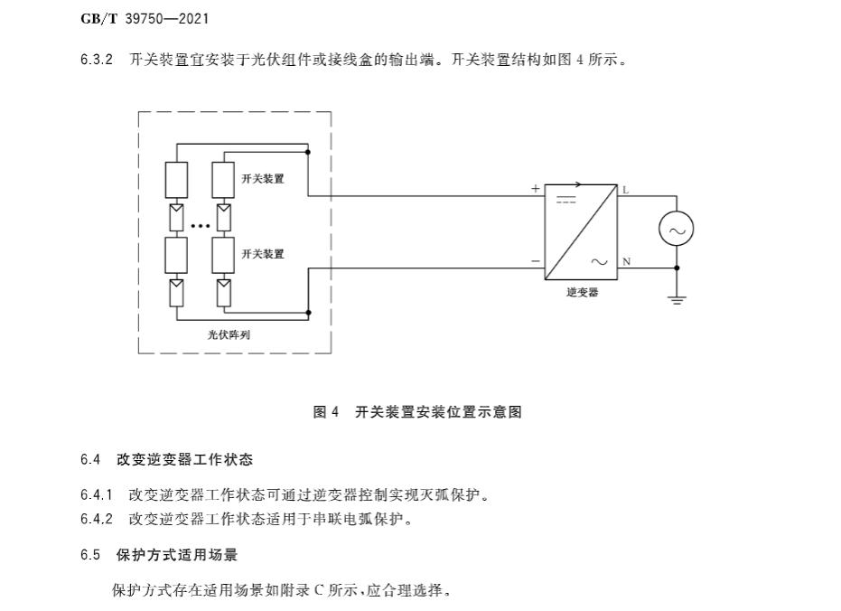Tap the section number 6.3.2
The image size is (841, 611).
point(96,61)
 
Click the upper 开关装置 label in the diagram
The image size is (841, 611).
point(263,179)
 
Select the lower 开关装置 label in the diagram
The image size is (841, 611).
point(263,254)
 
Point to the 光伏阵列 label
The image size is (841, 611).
point(229,334)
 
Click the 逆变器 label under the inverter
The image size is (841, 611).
point(582,293)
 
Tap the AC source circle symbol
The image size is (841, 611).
point(676,230)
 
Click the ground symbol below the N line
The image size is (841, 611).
point(677,298)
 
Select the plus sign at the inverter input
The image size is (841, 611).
point(535,189)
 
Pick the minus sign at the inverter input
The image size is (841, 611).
point(535,262)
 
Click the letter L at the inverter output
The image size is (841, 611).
point(625,190)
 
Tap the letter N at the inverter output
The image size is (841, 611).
point(626,262)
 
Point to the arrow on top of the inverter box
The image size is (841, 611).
point(576,184)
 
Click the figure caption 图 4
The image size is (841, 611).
point(325,412)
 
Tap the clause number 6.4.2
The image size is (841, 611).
point(96,519)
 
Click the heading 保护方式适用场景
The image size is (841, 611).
point(177,554)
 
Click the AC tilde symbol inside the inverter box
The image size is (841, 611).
point(599,262)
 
